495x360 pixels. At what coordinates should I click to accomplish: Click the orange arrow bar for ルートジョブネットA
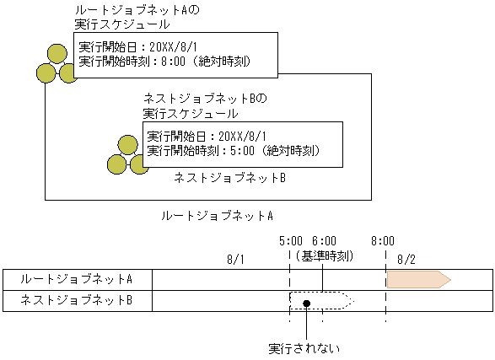click(417, 278)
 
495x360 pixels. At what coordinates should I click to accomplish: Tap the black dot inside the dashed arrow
click(308, 303)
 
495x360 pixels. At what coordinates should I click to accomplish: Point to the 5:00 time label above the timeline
click(290, 240)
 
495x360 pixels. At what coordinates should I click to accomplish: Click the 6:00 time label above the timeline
click(323, 240)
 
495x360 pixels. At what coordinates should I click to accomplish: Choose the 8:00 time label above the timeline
click(385, 240)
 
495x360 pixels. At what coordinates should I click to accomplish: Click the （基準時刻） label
click(323, 255)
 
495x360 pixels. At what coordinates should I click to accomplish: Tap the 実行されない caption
click(303, 347)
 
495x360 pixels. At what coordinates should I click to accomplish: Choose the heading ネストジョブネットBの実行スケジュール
click(205, 105)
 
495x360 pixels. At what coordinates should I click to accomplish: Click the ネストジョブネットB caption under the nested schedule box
click(230, 178)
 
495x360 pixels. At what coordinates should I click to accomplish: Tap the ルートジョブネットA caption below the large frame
click(217, 216)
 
